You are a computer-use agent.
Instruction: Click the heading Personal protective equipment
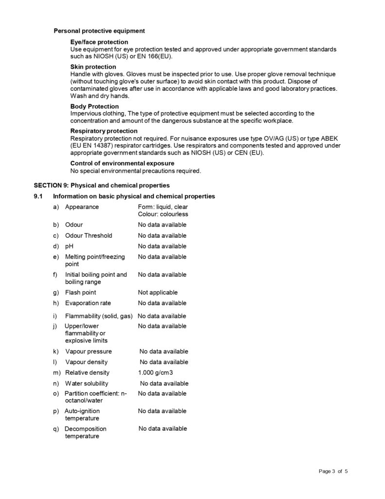[x=99, y=31]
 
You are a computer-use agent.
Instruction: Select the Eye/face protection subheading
[x=99, y=42]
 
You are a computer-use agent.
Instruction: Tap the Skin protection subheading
[x=93, y=67]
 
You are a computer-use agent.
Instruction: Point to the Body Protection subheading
[x=94, y=106]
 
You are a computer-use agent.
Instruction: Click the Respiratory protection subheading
[x=104, y=131]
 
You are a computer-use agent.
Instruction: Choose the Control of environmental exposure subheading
[x=122, y=163]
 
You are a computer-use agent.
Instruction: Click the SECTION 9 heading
[x=101, y=185]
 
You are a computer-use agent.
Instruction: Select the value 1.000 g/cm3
[x=156, y=373]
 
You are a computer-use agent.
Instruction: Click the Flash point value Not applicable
[x=158, y=292]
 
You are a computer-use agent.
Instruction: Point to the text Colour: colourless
[x=163, y=214]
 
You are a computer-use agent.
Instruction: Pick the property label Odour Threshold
[x=89, y=235]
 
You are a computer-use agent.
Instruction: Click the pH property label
[x=69, y=246]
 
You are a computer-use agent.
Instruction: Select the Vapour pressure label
[x=88, y=351]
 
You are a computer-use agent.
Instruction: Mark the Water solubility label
[x=87, y=384]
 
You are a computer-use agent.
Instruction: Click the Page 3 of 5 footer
[x=333, y=471]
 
